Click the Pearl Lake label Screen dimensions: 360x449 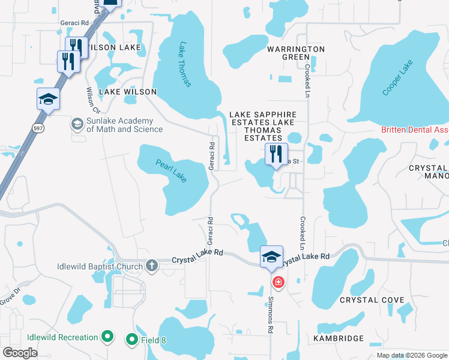click(x=171, y=170)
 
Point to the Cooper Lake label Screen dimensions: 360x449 click(x=398, y=81)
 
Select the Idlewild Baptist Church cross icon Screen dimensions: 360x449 click(x=152, y=266)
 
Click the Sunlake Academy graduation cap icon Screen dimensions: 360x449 click(x=77, y=124)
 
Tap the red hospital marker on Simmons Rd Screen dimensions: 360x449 click(x=277, y=281)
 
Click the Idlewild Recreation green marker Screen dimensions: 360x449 click(x=107, y=337)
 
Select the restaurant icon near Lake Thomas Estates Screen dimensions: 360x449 click(x=276, y=154)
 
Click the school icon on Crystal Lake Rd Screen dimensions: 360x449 click(x=271, y=257)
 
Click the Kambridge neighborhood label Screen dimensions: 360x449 click(x=339, y=338)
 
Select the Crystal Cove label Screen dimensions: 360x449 click(x=367, y=300)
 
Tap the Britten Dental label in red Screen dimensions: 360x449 click(x=415, y=130)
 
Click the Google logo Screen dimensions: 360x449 click(x=20, y=353)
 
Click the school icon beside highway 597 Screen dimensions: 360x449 click(x=48, y=99)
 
